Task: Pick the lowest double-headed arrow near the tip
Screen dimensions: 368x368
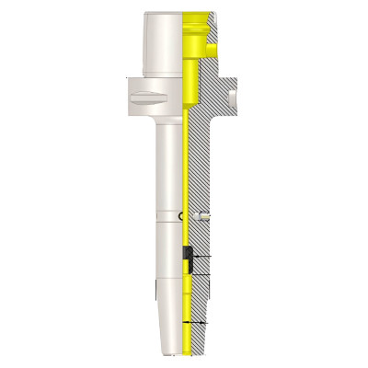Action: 196,323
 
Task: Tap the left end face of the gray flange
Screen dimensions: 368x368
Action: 122,95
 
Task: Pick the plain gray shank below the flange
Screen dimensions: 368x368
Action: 167,166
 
